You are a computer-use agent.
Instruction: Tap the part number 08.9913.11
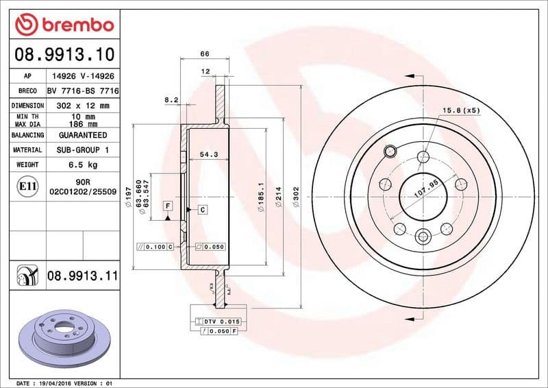tap(82, 276)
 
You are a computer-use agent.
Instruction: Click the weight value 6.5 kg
tap(82, 165)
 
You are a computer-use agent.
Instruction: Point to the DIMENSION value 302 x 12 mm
tap(82, 106)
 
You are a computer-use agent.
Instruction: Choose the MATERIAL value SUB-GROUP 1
tap(82, 149)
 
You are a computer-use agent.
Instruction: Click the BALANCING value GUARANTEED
tap(82, 135)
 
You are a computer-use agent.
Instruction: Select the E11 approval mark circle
tap(28, 186)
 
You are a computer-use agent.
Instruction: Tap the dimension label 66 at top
tap(204, 53)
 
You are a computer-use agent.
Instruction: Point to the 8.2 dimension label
tap(171, 100)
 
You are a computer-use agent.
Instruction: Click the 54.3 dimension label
tap(208, 155)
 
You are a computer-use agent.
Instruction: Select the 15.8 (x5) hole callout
tap(461, 110)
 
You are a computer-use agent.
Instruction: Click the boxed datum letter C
tap(203, 208)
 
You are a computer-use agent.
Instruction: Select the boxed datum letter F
tap(167, 206)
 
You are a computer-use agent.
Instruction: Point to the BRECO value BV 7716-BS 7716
tap(82, 91)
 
